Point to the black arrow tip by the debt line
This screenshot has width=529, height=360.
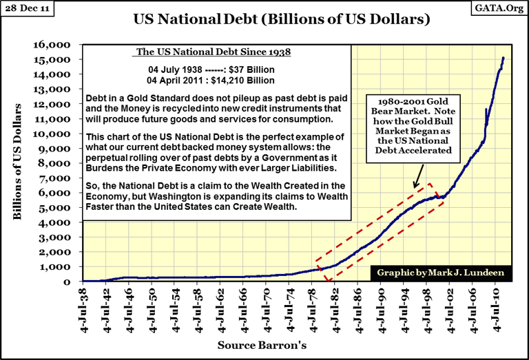click(x=414, y=188)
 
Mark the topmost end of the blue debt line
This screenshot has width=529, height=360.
click(x=504, y=58)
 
